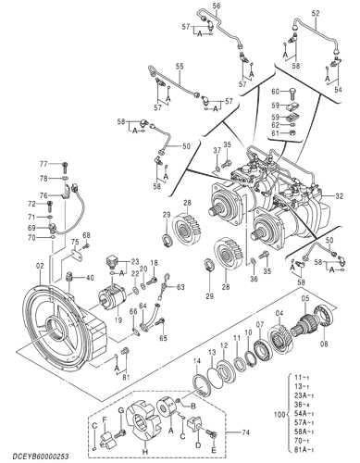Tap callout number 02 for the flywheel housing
[x=40, y=266]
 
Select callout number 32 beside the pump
[x=340, y=196]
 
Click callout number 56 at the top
[x=216, y=6]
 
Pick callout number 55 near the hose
[x=180, y=66]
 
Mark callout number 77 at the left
[x=55, y=164]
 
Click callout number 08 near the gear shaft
[x=323, y=343]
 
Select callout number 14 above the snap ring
[x=197, y=359]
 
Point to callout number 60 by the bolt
[x=275, y=91]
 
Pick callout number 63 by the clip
[x=180, y=288]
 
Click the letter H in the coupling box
[x=145, y=450]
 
